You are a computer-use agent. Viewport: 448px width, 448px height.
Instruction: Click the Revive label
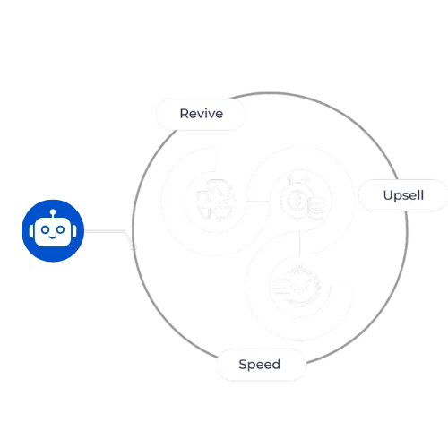point(202,114)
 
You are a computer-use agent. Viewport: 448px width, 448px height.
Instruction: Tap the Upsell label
point(403,195)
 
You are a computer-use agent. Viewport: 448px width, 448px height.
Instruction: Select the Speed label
point(260,365)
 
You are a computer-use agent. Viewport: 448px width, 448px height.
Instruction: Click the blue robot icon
point(53,230)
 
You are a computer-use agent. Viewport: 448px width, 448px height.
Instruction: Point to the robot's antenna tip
point(53,211)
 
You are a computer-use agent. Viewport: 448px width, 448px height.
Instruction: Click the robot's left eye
point(45,229)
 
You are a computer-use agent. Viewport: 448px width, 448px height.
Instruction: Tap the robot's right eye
point(61,229)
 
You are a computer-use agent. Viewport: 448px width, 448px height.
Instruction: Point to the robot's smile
point(53,237)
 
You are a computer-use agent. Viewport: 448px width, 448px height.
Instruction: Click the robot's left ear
point(31,231)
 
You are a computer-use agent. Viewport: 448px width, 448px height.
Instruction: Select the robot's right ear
point(74,231)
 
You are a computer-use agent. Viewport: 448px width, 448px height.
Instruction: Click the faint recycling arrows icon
point(215,200)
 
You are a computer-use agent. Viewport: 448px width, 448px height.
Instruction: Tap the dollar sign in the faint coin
point(297,200)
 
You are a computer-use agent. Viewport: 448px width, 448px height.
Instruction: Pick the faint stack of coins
point(316,208)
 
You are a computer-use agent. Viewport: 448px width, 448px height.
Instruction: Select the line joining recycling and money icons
point(258,202)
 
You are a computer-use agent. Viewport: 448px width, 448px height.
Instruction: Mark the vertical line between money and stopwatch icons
point(299,243)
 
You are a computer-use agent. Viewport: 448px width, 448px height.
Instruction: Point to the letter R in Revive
point(184,114)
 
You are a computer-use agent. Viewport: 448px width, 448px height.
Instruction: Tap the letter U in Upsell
point(388,195)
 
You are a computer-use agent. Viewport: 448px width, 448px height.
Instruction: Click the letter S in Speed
point(243,364)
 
